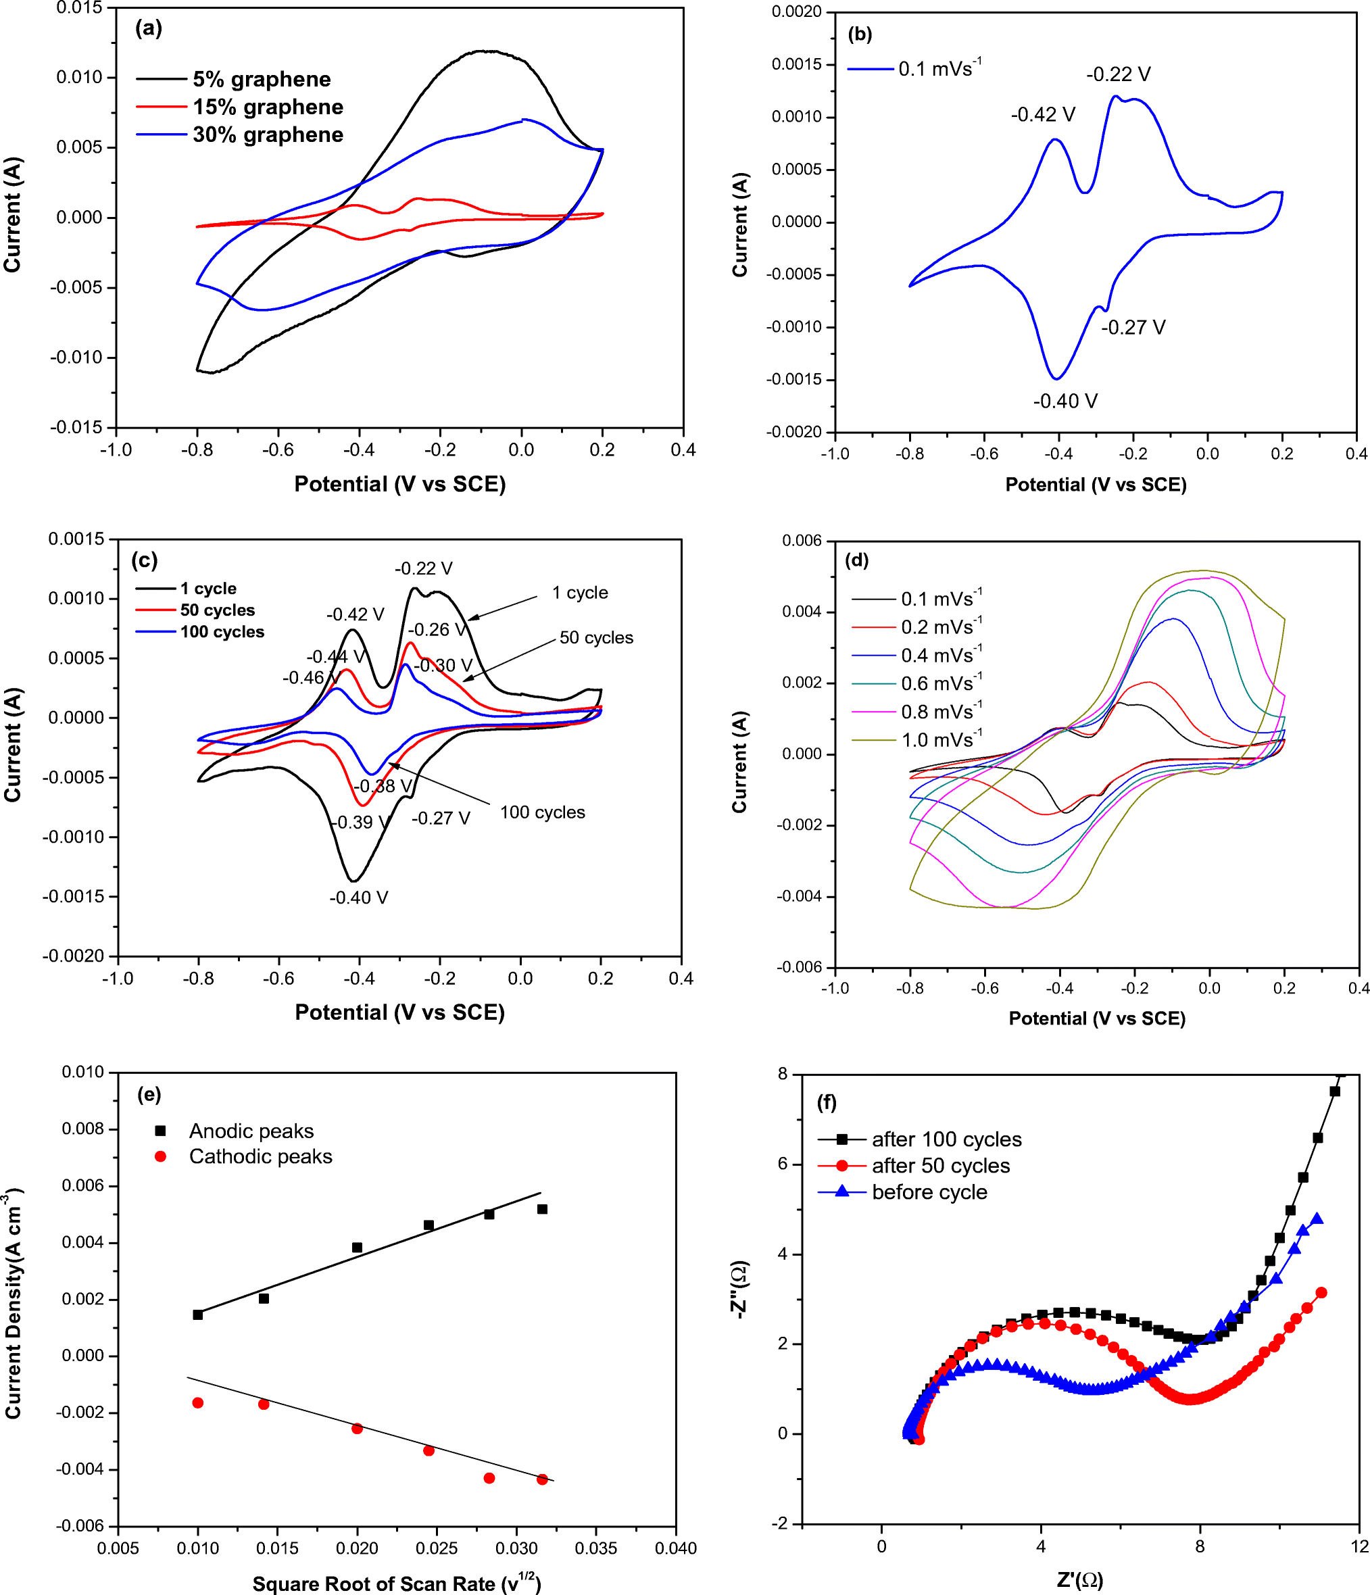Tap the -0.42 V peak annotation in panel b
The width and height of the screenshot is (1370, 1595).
tap(1042, 115)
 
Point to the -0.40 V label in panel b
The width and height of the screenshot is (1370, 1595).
tap(1065, 401)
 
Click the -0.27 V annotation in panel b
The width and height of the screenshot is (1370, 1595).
tap(1133, 328)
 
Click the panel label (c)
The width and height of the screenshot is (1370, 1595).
tap(145, 560)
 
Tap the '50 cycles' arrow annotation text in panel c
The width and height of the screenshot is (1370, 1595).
tap(595, 637)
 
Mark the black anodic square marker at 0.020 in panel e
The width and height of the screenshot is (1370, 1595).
tap(357, 1247)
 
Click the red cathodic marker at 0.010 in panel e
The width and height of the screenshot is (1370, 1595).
tap(198, 1402)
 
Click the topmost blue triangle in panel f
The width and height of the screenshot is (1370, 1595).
tap(1316, 1219)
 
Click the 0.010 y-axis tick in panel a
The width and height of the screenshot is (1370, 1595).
tap(78, 77)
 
